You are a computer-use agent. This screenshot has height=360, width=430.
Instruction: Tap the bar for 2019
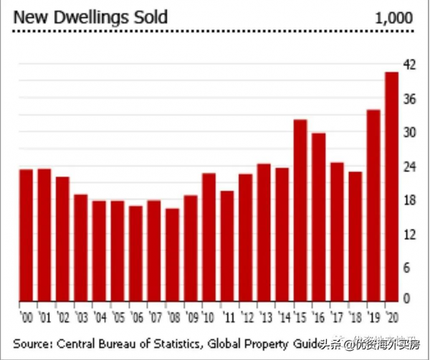tap(373, 204)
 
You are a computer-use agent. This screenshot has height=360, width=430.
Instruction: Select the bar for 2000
tap(26, 234)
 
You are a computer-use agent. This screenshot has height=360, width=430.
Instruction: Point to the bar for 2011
tap(227, 245)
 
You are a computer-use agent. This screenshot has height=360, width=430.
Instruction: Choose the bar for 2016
tap(319, 216)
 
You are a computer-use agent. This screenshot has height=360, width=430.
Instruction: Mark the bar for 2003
tap(81, 247)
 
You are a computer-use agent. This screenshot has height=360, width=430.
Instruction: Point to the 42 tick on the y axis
tap(410, 65)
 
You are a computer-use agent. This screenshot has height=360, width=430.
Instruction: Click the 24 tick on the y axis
tap(410, 166)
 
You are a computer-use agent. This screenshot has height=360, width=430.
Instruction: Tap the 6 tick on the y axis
tap(410, 267)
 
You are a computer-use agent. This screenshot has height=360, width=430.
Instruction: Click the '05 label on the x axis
tap(118, 316)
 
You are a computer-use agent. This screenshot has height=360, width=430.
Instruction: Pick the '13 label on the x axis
tap(264, 316)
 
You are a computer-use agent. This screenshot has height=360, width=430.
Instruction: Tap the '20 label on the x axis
tap(392, 316)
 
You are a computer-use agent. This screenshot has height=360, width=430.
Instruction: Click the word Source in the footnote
tap(32, 342)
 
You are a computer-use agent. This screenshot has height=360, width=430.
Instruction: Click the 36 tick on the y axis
tap(410, 99)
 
